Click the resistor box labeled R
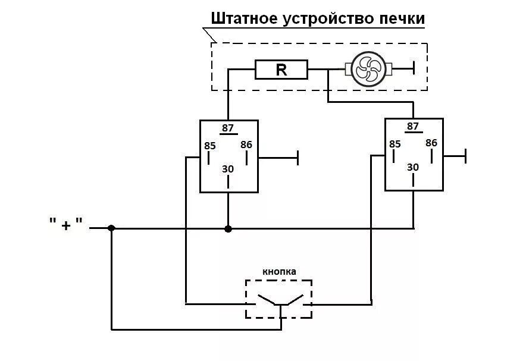[281, 70]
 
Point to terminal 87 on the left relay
[228, 128]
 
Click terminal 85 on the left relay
[210, 146]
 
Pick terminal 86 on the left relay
[246, 145]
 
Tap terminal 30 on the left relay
[228, 169]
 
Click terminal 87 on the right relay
[413, 127]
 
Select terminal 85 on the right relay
[395, 144]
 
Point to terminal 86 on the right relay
[431, 143]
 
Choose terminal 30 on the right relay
[413, 167]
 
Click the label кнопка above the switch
[279, 272]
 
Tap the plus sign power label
[67, 225]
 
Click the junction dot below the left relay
[228, 228]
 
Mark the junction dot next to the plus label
[111, 228]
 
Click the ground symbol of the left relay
[298, 158]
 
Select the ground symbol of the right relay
[465, 156]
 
